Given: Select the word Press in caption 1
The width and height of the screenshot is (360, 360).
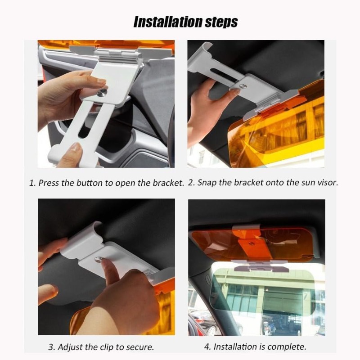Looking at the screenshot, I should tap(49, 183).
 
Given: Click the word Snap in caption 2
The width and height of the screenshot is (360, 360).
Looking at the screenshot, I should tap(207, 183).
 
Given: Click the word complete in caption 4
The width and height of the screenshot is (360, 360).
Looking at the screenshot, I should tap(290, 347).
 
